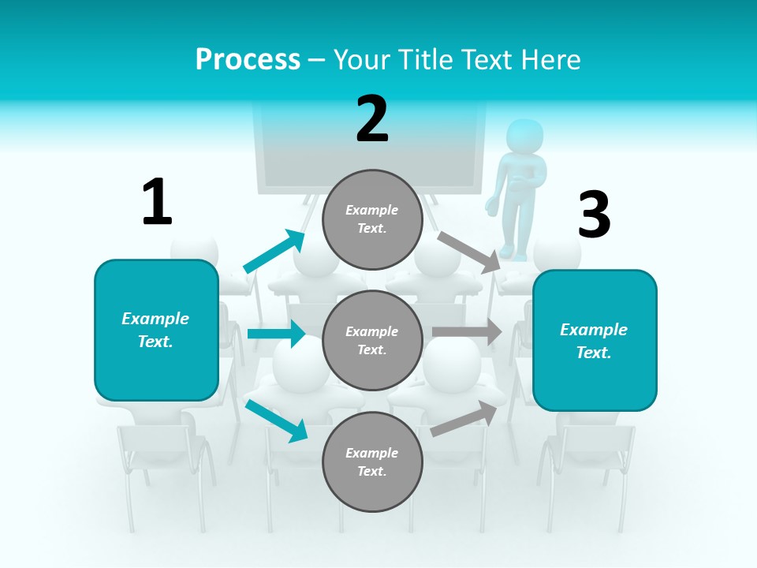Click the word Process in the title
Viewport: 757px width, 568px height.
pyautogui.click(x=248, y=60)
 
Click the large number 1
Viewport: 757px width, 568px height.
pyautogui.click(x=157, y=202)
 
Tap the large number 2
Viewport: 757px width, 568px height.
pyautogui.click(x=372, y=119)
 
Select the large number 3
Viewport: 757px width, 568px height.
pyautogui.click(x=594, y=215)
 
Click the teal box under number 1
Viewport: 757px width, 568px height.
pyautogui.click(x=156, y=330)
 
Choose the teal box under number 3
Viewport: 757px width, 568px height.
pyautogui.click(x=595, y=340)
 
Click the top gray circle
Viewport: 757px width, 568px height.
pyautogui.click(x=372, y=219)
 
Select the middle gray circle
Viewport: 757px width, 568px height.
pyautogui.click(x=372, y=340)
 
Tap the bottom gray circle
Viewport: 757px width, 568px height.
pyautogui.click(x=372, y=461)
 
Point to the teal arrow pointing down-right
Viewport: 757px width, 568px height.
pyautogui.click(x=277, y=420)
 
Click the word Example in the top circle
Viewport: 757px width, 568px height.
pyautogui.click(x=372, y=210)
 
